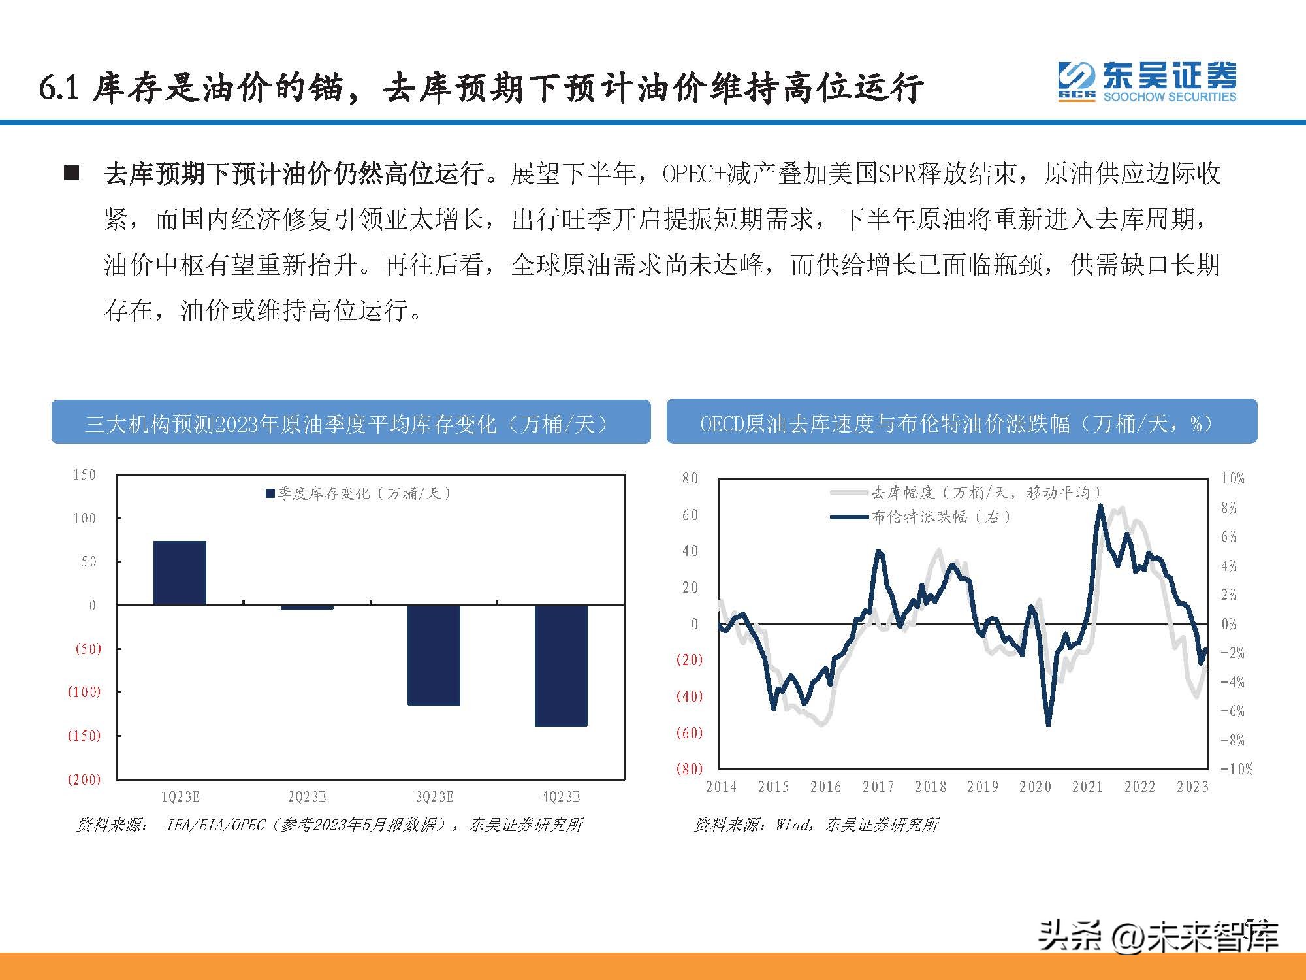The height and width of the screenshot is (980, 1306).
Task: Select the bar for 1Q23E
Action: (180, 573)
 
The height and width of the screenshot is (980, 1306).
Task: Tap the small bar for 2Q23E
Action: (307, 608)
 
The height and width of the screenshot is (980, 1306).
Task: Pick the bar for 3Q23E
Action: (434, 655)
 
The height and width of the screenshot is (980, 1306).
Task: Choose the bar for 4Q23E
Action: (561, 665)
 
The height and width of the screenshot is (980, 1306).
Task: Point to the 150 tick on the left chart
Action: (84, 475)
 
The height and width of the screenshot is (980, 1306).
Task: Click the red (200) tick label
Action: (84, 779)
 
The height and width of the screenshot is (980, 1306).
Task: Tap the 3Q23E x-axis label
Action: (434, 797)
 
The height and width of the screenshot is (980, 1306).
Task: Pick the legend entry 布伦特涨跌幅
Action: (921, 517)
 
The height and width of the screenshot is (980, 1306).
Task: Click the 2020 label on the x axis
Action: (1035, 787)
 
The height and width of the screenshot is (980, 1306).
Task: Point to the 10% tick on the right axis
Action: (1232, 479)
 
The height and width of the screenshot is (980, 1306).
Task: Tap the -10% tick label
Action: (1236, 769)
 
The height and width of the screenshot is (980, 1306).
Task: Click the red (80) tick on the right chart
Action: (689, 769)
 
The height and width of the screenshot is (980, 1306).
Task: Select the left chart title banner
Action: (351, 423)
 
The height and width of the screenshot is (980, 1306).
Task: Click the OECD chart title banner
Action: (961, 422)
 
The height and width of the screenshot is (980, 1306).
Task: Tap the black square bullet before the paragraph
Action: (72, 174)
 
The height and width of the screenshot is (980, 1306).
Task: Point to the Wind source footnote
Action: (816, 825)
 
